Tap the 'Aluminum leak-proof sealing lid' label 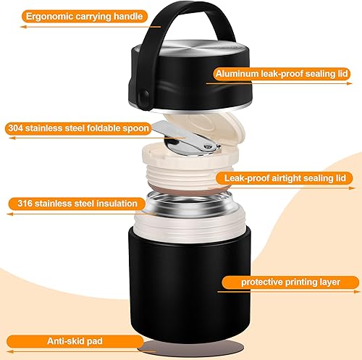287,72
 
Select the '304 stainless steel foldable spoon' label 78,129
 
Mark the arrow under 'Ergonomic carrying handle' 72,28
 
